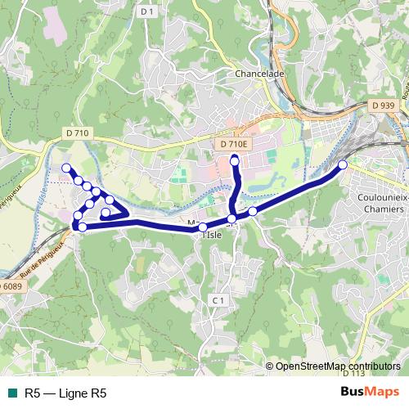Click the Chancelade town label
[260, 73]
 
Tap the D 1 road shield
[147, 11]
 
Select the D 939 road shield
[382, 106]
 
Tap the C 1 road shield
[217, 301]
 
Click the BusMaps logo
[371, 393]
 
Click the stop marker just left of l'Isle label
[202, 227]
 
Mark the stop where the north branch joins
[232, 218]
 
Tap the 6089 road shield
[10, 286]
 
